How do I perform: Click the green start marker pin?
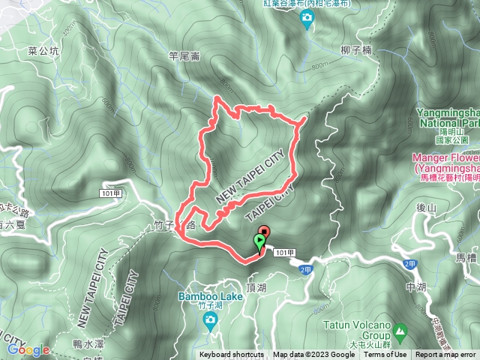(x=259, y=242)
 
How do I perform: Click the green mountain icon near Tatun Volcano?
(x=400, y=329)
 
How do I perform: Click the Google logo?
(x=28, y=349)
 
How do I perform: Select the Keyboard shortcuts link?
(x=232, y=355)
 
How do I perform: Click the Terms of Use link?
(x=385, y=355)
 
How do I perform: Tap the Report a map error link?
(x=446, y=355)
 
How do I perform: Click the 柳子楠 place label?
(x=355, y=51)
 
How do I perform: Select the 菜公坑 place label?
(x=42, y=51)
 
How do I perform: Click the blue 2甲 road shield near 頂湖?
(x=304, y=268)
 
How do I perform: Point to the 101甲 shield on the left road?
(x=109, y=193)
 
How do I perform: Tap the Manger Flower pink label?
(x=445, y=163)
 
